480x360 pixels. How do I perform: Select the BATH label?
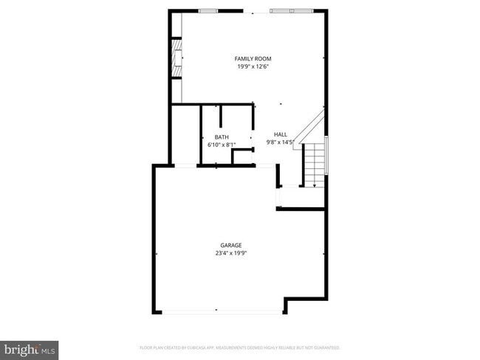tap(222, 137)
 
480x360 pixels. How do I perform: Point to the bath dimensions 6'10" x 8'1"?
tap(222, 145)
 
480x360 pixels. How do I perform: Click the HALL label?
tap(281, 134)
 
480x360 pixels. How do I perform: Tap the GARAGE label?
tap(230, 245)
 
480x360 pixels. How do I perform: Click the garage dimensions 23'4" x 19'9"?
tap(230, 253)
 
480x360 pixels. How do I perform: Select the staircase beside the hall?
tap(315, 162)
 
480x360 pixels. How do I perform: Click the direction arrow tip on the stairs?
tap(315, 186)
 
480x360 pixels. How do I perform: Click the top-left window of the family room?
tap(209, 11)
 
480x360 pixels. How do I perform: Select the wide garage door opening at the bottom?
tap(222, 312)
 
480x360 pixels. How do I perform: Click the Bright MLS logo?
tap(30, 347)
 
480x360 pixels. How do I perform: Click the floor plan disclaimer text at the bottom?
tap(239, 347)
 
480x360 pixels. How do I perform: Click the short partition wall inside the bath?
tap(220, 118)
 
